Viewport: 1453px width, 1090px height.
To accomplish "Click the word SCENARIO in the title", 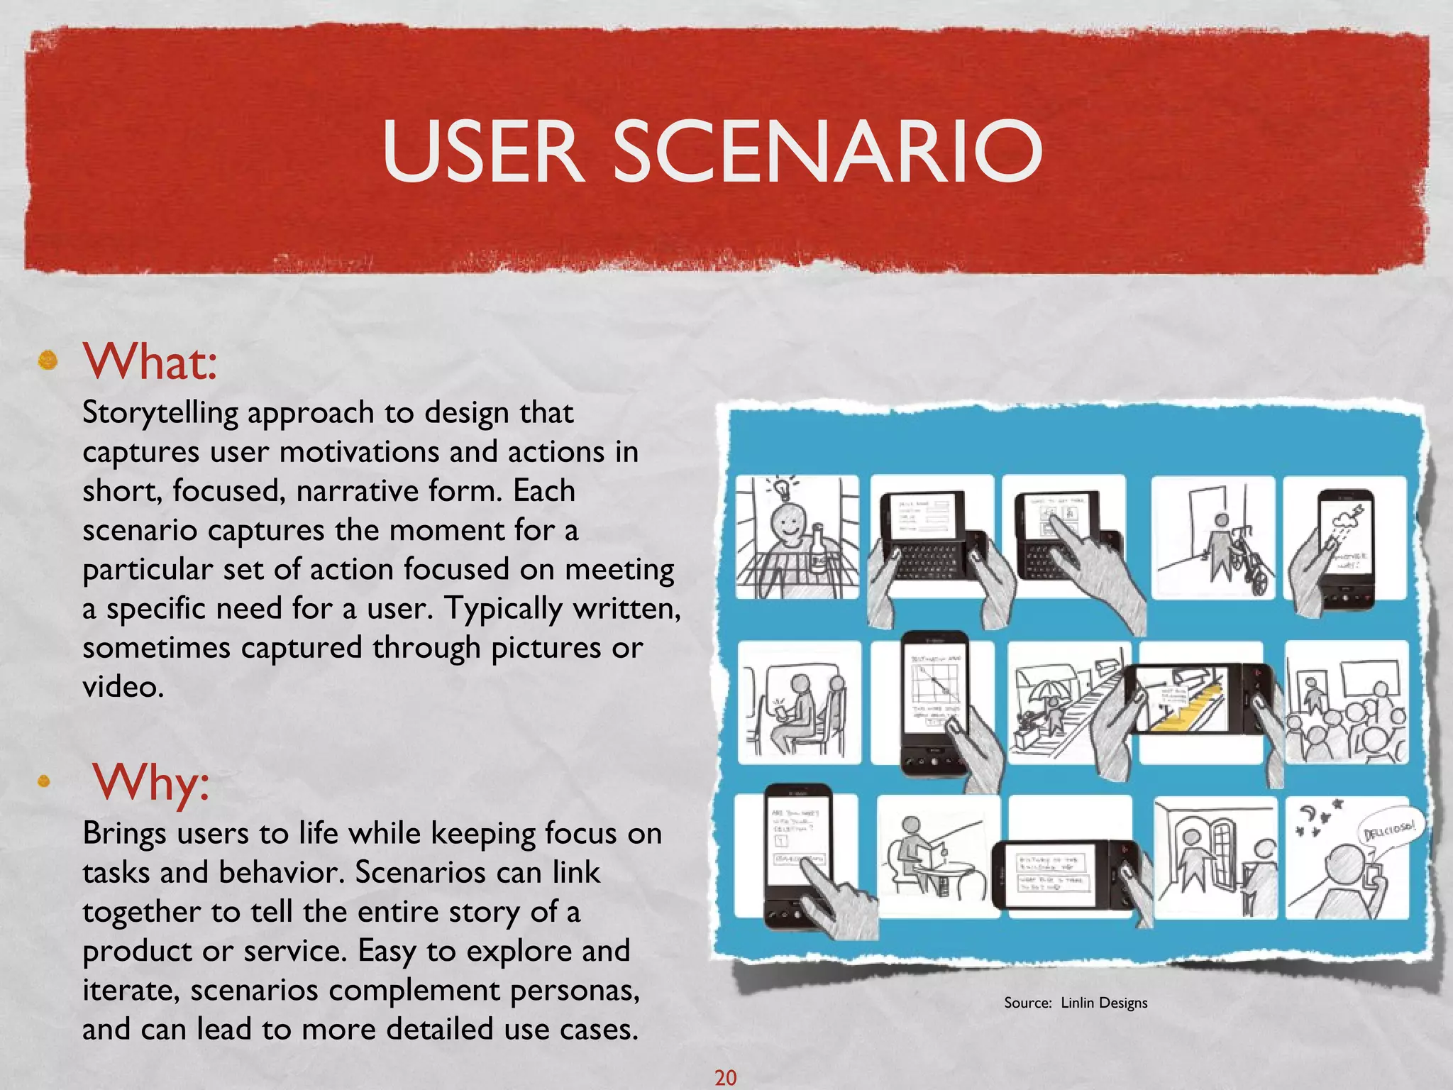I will tap(827, 150).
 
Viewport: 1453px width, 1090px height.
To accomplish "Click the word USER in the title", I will tap(482, 150).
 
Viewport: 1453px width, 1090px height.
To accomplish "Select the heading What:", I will tap(150, 361).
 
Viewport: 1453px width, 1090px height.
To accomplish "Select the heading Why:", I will tap(151, 782).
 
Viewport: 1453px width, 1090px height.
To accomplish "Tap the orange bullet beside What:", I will tap(48, 360).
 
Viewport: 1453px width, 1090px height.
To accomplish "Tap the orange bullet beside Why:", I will tap(44, 781).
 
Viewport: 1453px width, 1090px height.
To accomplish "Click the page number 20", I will tap(725, 1077).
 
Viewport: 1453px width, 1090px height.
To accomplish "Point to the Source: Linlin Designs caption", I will tap(1075, 1003).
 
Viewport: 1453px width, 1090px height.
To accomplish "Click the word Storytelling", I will tap(160, 413).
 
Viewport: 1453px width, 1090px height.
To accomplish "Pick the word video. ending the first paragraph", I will tap(123, 686).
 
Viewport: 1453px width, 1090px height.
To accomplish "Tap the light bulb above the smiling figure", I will tap(780, 488).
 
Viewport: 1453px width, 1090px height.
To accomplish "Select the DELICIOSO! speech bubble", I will tap(1388, 830).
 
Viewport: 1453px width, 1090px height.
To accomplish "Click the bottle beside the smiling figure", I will tap(818, 550).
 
